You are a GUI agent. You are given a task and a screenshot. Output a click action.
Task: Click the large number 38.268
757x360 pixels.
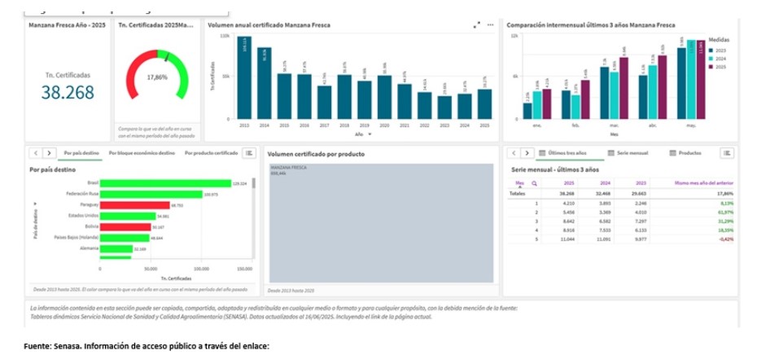click(x=68, y=94)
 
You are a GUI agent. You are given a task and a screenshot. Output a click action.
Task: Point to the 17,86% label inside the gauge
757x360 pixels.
click(x=156, y=77)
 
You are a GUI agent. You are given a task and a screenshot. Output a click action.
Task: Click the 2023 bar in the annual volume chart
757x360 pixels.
click(x=444, y=105)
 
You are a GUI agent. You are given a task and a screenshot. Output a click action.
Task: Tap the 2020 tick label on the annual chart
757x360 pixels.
click(x=384, y=126)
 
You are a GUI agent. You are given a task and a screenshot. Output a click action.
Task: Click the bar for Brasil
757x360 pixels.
click(x=165, y=183)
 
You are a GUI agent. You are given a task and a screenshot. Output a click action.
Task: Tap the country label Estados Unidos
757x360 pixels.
click(x=83, y=216)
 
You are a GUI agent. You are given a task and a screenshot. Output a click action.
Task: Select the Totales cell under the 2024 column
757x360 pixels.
click(x=603, y=194)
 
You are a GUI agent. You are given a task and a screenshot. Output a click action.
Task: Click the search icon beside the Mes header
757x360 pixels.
click(x=535, y=183)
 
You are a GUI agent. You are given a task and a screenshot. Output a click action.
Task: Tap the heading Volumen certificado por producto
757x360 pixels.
click(x=316, y=154)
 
